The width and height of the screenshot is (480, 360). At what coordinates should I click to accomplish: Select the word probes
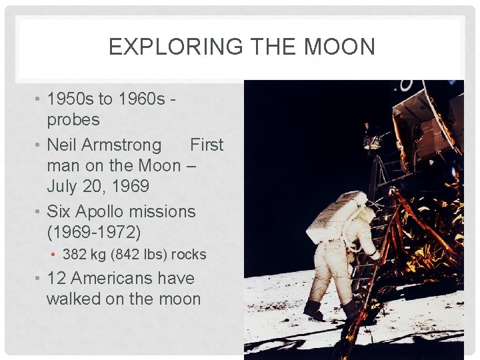pyautogui.click(x=73, y=120)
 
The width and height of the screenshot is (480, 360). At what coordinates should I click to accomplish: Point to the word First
pyautogui.click(x=207, y=145)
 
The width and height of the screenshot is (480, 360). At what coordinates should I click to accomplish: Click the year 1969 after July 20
pyautogui.click(x=128, y=186)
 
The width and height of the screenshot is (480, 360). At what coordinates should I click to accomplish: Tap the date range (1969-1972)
pyautogui.click(x=94, y=233)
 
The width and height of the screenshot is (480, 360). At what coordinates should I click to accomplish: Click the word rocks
pyautogui.click(x=189, y=255)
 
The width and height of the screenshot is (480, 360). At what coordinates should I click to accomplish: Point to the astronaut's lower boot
pyautogui.click(x=312, y=309)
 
